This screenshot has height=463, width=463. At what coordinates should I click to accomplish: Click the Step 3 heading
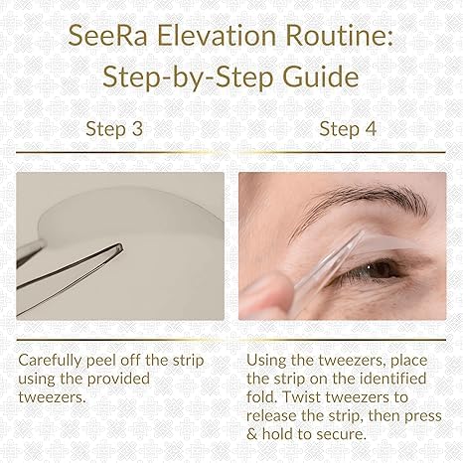pos(115,128)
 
